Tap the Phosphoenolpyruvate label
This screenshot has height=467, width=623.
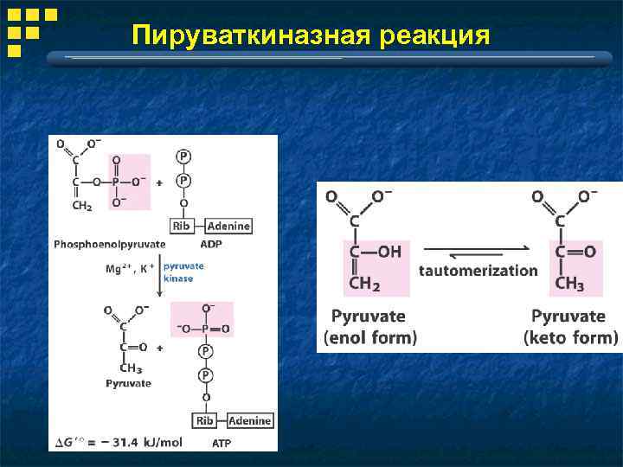110,244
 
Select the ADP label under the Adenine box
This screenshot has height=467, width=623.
211,244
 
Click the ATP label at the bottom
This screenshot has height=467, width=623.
222,443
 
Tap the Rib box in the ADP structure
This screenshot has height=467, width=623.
182,226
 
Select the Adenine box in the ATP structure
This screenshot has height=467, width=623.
250,421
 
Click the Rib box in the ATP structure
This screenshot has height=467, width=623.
205,421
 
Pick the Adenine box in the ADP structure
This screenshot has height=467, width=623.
228,226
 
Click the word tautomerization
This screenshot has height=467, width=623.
478,270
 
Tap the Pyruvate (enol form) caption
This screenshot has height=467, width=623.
370,327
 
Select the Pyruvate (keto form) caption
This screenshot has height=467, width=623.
571,327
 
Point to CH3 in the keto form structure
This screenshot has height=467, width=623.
568,282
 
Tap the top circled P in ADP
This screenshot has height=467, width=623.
183,157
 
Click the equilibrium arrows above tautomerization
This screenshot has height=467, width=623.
478,252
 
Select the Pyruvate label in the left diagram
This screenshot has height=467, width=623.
128,383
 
